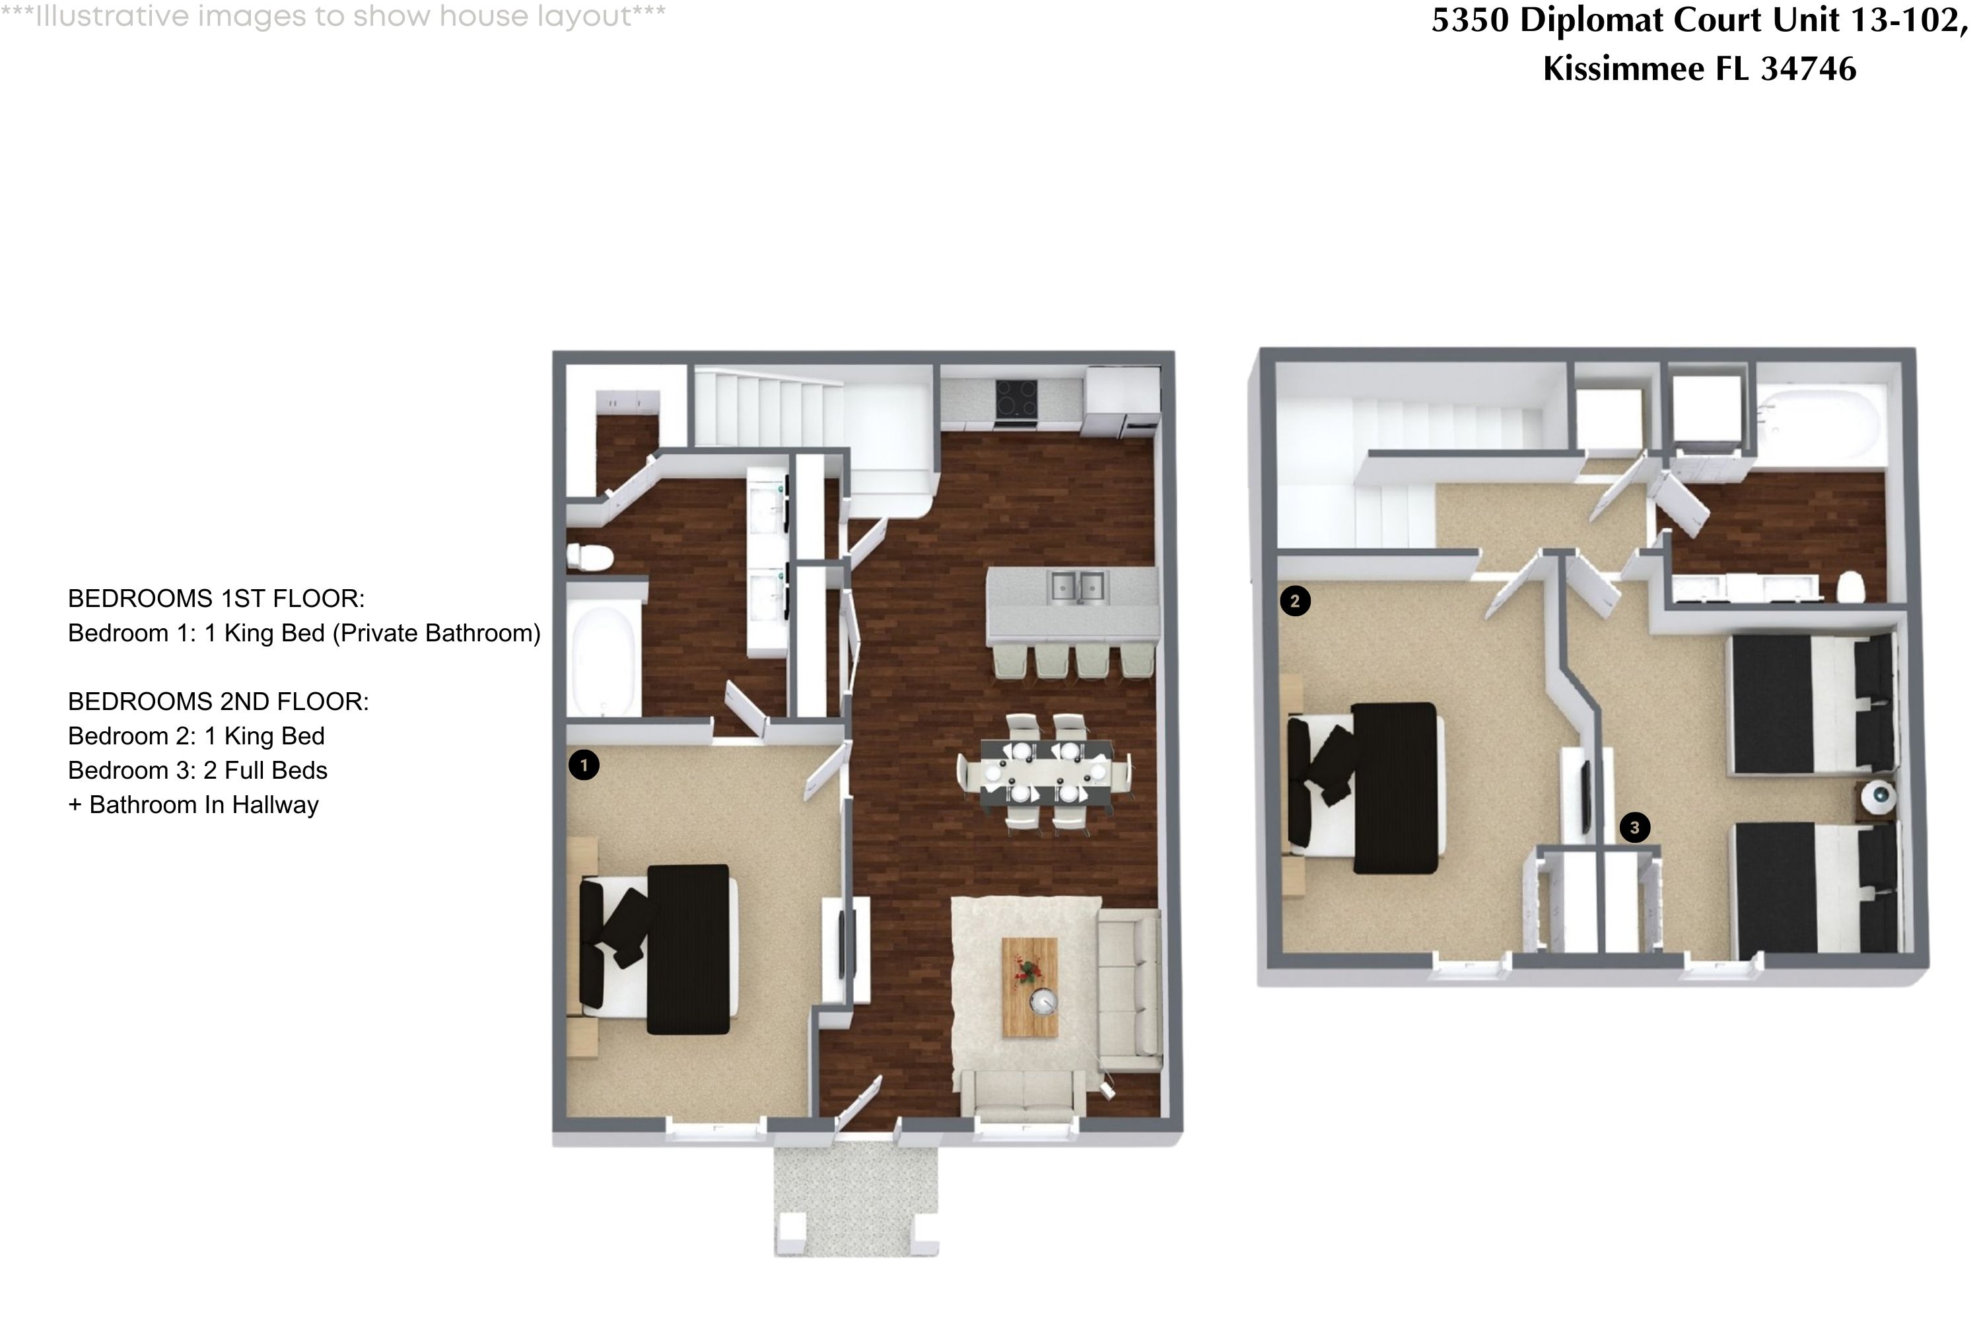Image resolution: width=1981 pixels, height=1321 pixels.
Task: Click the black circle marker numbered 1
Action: click(x=584, y=765)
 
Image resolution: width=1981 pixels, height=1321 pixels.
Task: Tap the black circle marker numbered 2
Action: click(x=1294, y=600)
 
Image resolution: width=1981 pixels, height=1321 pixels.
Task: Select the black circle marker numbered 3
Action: click(x=1634, y=828)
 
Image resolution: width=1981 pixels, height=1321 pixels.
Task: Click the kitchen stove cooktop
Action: click(x=1016, y=398)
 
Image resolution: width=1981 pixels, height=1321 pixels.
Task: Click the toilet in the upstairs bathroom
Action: click(x=1850, y=587)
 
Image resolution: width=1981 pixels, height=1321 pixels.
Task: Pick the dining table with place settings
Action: click(x=1045, y=773)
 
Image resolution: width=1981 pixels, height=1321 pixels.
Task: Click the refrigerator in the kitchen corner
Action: click(x=1123, y=400)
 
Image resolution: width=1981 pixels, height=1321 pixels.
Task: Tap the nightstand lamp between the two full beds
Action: click(x=1877, y=796)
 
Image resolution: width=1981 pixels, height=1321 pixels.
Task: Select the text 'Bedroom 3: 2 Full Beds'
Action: click(x=197, y=770)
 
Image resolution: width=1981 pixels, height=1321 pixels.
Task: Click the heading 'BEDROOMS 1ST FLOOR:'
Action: click(x=216, y=598)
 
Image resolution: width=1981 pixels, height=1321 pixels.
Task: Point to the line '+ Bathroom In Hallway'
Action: click(x=193, y=804)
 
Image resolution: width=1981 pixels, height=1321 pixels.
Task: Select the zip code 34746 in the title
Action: click(x=1809, y=68)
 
